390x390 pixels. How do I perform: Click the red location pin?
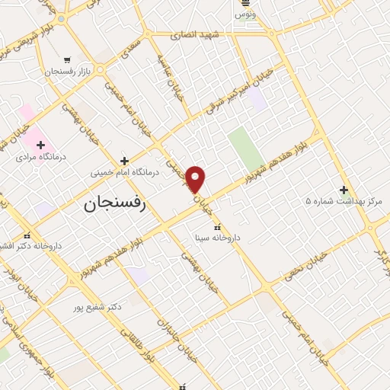196,179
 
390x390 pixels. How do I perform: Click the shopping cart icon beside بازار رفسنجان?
68,59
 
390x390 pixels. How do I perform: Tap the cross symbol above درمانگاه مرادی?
40,145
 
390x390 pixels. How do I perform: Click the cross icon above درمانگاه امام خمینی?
125,161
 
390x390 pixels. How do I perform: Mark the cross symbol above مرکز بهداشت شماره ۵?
344,190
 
